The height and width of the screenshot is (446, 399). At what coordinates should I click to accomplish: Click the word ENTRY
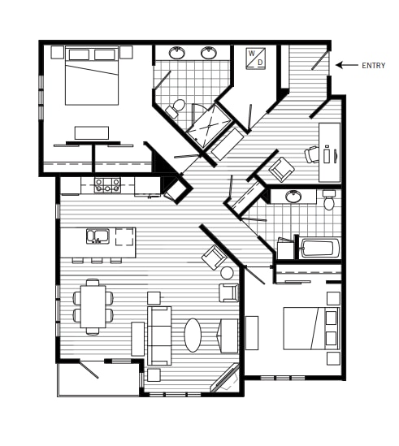tap(373, 66)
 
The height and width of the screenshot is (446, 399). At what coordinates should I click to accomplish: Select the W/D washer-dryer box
tap(256, 58)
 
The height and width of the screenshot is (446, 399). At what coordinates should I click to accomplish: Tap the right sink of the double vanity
tap(208, 54)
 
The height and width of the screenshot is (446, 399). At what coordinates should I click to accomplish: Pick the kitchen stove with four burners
tap(107, 185)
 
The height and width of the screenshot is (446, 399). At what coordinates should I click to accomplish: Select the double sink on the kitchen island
tap(99, 237)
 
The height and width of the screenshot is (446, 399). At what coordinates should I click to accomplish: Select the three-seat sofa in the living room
tap(159, 335)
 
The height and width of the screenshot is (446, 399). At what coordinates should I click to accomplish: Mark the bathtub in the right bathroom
tap(319, 247)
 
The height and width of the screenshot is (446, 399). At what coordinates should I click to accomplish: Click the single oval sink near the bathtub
tap(294, 197)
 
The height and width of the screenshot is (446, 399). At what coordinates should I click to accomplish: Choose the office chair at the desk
tap(312, 154)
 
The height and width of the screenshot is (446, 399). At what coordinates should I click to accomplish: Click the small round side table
tap(227, 273)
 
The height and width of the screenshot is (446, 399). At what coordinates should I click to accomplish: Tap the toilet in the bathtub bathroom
tap(329, 200)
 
